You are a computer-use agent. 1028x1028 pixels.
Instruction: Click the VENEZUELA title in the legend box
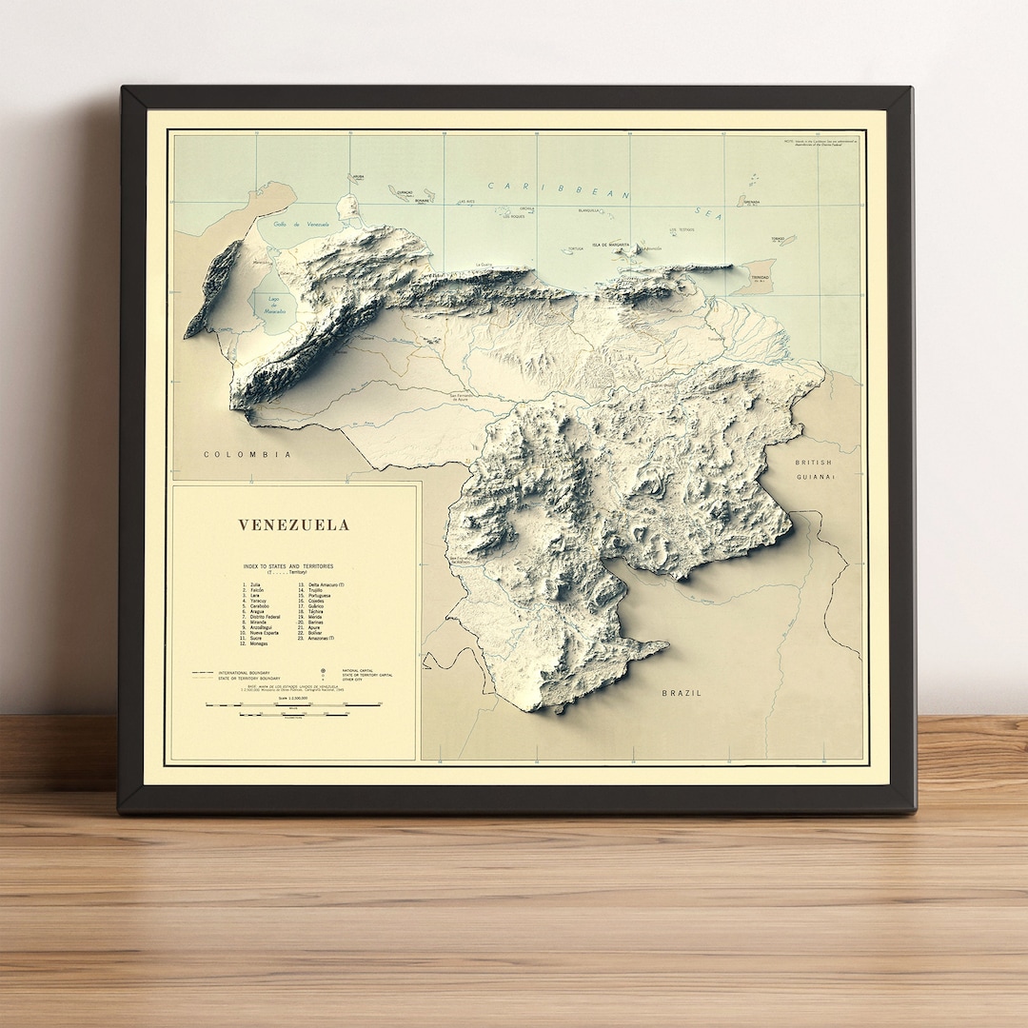click(293, 524)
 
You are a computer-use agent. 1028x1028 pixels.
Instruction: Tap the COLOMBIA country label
click(247, 455)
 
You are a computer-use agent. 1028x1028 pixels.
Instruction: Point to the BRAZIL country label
click(682, 693)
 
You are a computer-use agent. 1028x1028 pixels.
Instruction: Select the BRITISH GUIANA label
click(814, 469)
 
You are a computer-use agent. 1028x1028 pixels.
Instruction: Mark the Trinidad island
click(759, 277)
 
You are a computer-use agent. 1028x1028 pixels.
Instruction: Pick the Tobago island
click(782, 240)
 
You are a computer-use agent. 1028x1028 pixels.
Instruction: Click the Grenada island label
click(751, 202)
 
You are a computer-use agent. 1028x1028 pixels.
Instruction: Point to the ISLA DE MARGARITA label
click(610, 245)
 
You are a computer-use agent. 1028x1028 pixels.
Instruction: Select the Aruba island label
click(356, 177)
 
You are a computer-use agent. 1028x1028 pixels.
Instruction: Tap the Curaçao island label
click(405, 191)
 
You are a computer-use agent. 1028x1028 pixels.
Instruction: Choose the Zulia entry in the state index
click(254, 584)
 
